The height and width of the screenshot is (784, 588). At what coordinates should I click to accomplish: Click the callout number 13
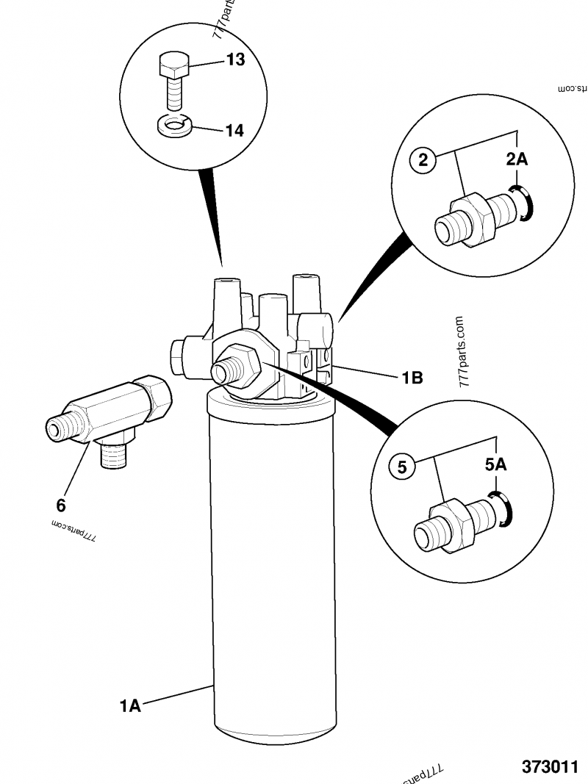pyautogui.click(x=234, y=60)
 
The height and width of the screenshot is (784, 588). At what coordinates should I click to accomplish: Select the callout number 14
pyautogui.click(x=234, y=131)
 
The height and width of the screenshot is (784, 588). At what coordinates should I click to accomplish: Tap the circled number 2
pyautogui.click(x=423, y=159)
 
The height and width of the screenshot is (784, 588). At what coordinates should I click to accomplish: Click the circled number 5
pyautogui.click(x=402, y=466)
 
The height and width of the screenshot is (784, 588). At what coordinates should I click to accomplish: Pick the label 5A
pyautogui.click(x=496, y=464)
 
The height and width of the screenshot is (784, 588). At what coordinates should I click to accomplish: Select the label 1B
pyautogui.click(x=412, y=378)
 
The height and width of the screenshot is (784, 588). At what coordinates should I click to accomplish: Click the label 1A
pyautogui.click(x=130, y=706)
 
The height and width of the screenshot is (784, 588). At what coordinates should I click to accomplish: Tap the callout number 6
pyautogui.click(x=61, y=506)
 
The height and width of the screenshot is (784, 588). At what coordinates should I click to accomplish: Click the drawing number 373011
pyautogui.click(x=550, y=766)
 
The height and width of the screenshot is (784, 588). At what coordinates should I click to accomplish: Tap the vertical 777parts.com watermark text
pyautogui.click(x=461, y=352)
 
